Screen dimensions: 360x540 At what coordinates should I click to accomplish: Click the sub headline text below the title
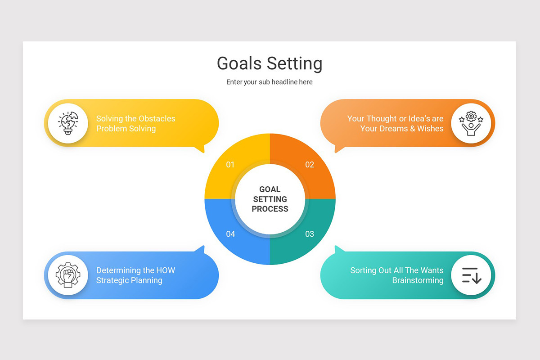pos(270,82)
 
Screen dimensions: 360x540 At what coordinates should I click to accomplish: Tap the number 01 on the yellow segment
pos(230,165)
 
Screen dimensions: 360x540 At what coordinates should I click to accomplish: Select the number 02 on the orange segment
pos(310,165)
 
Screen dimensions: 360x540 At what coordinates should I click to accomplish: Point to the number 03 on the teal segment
pos(310,234)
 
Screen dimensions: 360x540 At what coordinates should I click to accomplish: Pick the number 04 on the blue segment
pos(230,234)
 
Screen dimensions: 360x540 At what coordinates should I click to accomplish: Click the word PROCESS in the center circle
pos(270,209)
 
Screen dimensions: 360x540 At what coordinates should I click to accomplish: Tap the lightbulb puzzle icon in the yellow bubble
pos(68,123)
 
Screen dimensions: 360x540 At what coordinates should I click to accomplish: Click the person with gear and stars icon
pos(471,123)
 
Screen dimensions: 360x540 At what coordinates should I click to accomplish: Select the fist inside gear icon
pos(68,275)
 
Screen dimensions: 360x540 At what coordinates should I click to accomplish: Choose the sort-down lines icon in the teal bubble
pos(471,275)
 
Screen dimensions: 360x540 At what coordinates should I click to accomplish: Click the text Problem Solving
pos(126,129)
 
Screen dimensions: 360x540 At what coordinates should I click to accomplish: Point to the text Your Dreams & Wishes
pos(402,129)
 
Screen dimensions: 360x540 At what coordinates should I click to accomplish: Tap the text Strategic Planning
pos(129,280)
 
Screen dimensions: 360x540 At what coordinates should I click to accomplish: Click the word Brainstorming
pos(418,280)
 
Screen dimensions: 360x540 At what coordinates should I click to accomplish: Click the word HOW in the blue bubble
pos(166,270)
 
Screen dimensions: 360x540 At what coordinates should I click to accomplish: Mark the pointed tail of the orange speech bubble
pos(337,150)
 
